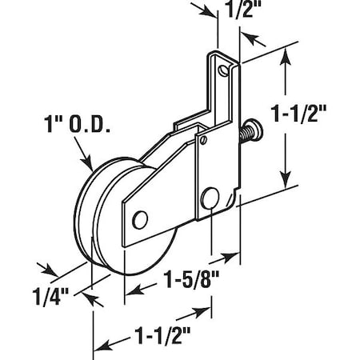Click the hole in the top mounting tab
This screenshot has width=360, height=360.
(x=232, y=71)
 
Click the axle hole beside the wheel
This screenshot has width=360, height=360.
(x=141, y=218)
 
